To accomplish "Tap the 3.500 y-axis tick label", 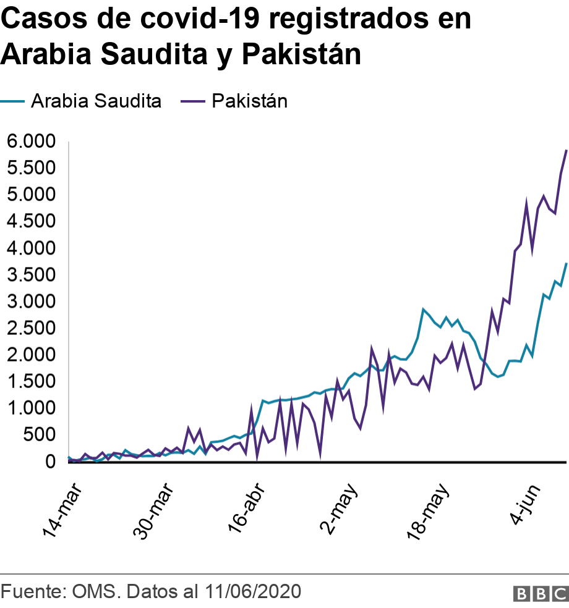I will [x=31, y=275].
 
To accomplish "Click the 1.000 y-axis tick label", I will [x=31, y=408].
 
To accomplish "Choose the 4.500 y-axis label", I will [x=31, y=221].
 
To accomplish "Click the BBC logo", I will [x=540, y=593].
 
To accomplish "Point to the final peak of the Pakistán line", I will [x=566, y=150].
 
